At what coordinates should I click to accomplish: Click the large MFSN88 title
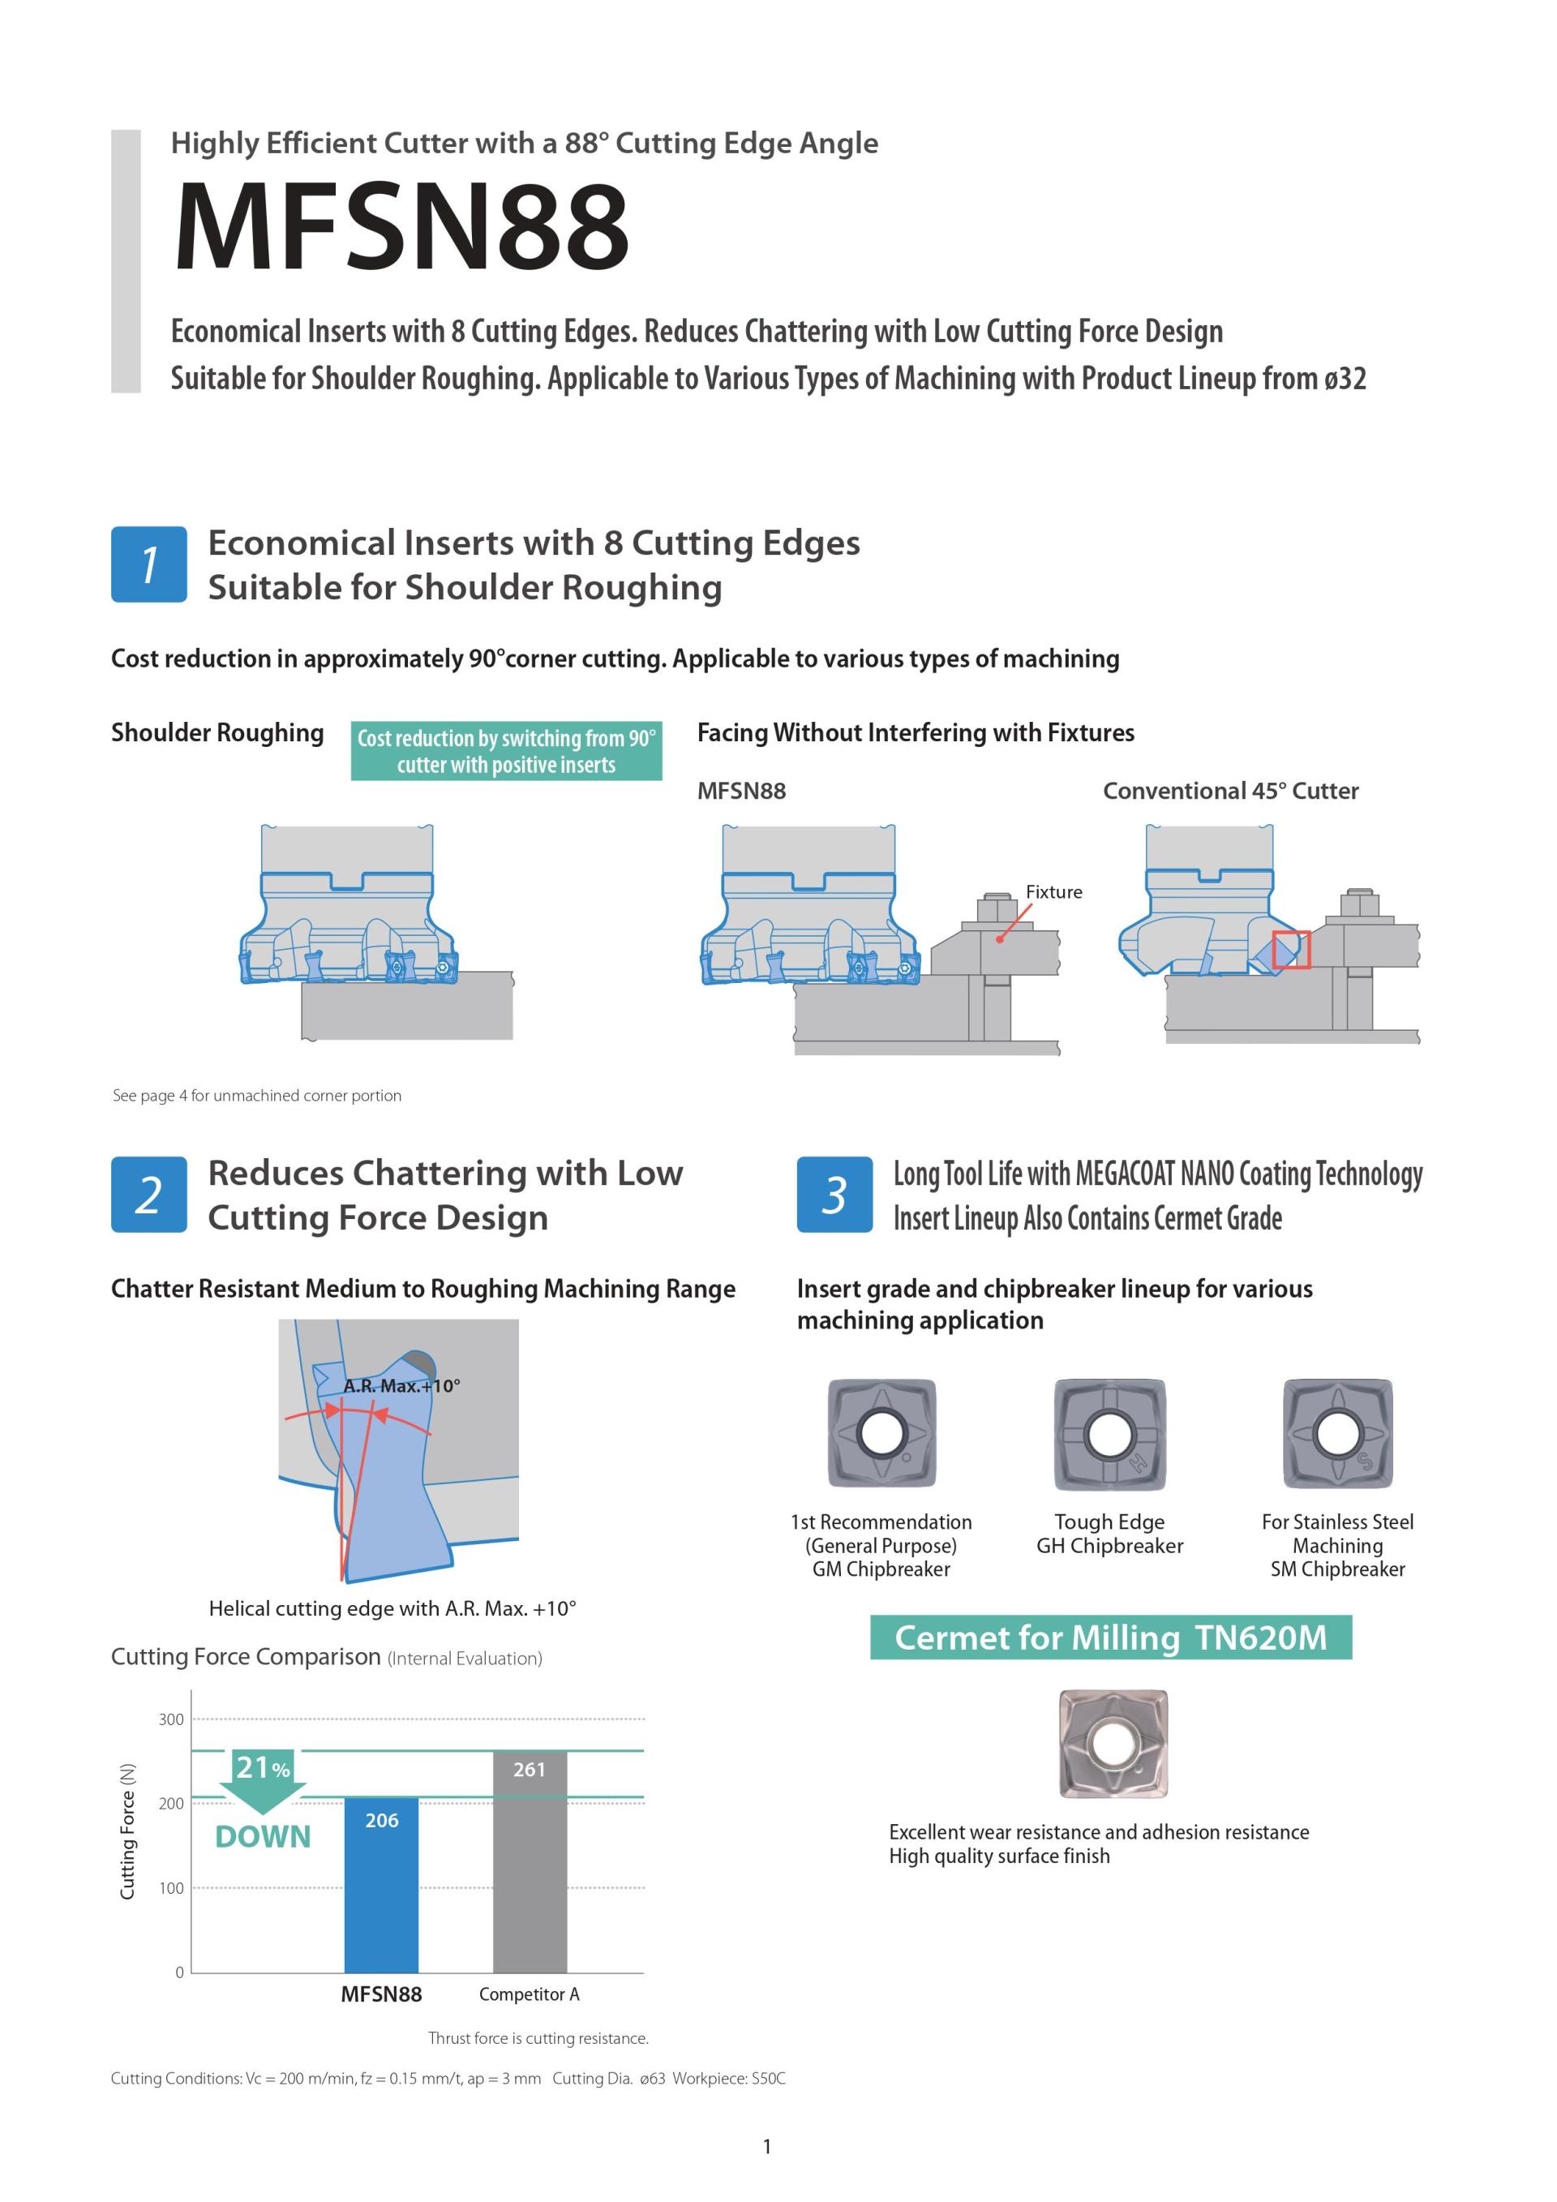pos(401,227)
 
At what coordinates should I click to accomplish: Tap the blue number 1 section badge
pos(148,564)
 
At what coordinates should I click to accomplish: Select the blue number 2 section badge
pos(148,1194)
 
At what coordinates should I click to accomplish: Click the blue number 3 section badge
pos(834,1194)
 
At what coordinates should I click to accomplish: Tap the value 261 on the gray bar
pos(530,1770)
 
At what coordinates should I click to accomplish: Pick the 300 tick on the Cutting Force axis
pos(170,1719)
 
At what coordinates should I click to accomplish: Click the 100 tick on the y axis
pos(170,1888)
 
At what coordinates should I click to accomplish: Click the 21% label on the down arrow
pos(262,1767)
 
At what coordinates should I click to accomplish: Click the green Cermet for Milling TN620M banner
pos(1110,1638)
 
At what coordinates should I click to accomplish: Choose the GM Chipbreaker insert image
pos(881,1434)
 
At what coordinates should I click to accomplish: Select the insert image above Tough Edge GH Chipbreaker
pos(1109,1434)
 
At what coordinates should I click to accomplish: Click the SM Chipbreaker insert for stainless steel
pos(1337,1434)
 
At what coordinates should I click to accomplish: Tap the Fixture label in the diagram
pos(1053,892)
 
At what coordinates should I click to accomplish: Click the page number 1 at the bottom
pos(767,2146)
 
